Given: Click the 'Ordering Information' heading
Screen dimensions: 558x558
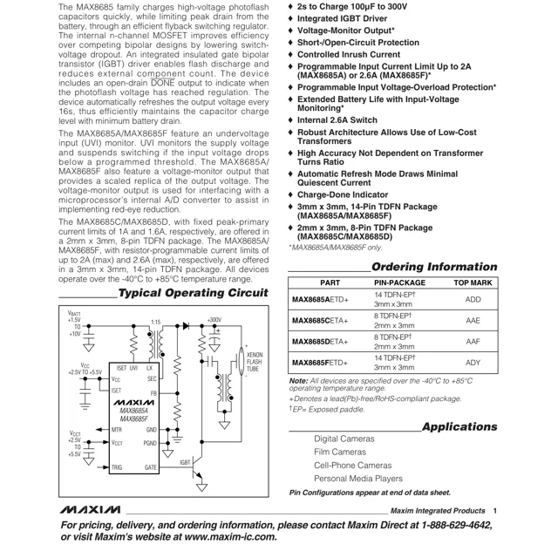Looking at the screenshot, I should click(x=434, y=266).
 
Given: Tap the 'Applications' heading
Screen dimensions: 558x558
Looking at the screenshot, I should click(x=459, y=426).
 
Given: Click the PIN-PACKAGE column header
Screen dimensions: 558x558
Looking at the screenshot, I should click(x=399, y=283).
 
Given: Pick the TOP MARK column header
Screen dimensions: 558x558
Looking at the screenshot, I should click(x=473, y=283).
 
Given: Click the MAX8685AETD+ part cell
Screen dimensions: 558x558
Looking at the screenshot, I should click(x=320, y=300).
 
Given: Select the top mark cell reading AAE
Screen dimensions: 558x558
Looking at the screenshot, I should click(x=473, y=321).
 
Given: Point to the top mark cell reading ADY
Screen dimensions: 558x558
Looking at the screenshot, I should click(x=473, y=363).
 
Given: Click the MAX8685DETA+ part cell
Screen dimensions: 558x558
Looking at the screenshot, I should click(x=320, y=342).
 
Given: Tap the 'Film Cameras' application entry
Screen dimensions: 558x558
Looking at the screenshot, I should click(x=340, y=452).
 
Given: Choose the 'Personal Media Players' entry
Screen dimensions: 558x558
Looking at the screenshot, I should click(x=358, y=478).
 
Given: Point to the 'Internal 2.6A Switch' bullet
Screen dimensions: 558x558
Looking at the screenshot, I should click(x=337, y=119).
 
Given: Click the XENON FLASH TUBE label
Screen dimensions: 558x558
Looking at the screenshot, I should click(x=254, y=362).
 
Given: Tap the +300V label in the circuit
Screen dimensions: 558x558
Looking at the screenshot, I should click(x=214, y=321).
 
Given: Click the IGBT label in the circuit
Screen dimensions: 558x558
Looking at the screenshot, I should click(x=185, y=462).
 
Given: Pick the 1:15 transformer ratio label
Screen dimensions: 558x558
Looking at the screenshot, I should click(x=155, y=323).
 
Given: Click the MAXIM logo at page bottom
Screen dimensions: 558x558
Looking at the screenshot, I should click(x=91, y=510).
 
